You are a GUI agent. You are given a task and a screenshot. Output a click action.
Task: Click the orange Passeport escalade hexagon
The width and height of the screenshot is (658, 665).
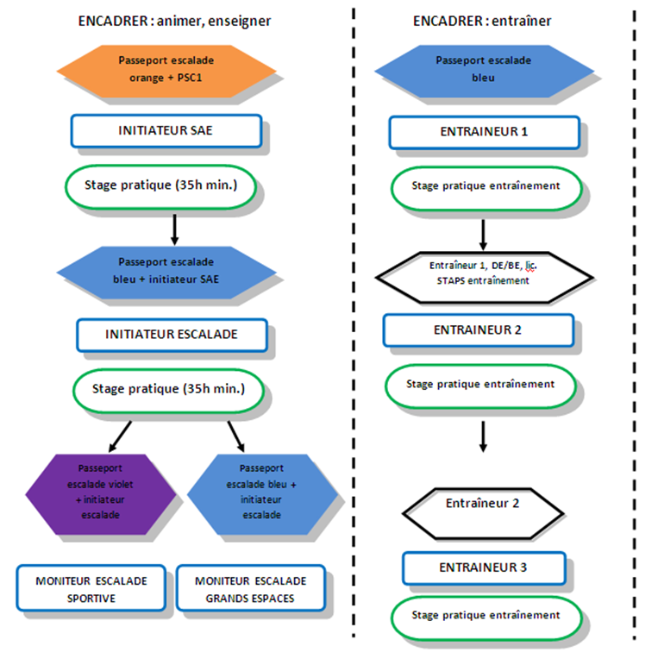pos(166,72)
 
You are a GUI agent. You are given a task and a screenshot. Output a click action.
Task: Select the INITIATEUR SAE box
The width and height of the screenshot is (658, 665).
pos(166,131)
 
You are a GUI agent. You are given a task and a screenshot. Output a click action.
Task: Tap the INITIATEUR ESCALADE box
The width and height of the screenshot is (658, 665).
pos(172,335)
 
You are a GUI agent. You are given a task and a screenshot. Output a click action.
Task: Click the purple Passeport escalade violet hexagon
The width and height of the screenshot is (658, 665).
pos(101,494)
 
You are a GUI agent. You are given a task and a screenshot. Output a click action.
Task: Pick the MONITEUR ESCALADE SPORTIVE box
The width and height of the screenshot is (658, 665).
pos(91,588)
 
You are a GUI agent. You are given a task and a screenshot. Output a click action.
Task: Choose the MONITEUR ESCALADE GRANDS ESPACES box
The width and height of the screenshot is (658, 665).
pos(251,588)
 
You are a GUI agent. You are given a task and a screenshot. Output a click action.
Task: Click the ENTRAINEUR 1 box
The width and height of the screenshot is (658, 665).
pos(484,132)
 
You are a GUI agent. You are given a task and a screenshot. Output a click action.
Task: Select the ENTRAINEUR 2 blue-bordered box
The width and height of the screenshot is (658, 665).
pos(479,330)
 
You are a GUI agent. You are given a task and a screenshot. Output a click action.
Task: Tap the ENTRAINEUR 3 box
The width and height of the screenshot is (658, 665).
pos(484,568)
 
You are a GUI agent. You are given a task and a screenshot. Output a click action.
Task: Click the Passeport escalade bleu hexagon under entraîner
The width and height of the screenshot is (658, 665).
pos(484,72)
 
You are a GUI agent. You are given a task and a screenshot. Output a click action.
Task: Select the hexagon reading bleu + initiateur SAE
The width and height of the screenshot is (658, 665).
pos(166,273)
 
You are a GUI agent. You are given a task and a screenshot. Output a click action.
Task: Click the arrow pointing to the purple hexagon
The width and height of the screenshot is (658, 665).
pos(121,436)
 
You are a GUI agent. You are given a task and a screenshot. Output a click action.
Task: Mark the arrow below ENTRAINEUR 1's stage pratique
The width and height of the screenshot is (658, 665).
pos(483,235)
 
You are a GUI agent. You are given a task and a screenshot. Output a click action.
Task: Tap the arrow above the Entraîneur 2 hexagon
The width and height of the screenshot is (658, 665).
pos(483,436)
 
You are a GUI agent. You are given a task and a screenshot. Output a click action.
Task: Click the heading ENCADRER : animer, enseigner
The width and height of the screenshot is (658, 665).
pos(174,22)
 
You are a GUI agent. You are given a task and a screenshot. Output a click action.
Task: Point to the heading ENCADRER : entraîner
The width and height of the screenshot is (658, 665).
pos(482,22)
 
